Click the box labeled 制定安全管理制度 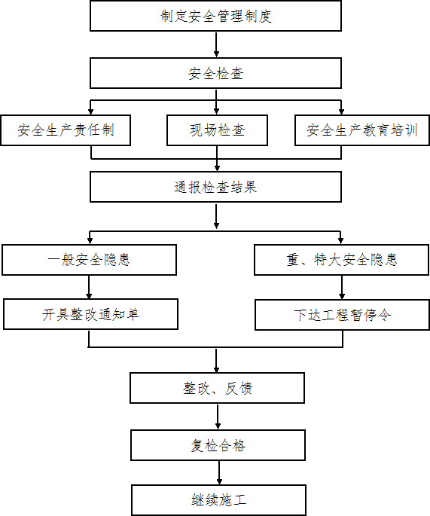[x=216, y=16]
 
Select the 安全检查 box [x=216, y=73]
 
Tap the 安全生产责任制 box [x=66, y=130]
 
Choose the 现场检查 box [x=217, y=130]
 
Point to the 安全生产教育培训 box [x=362, y=130]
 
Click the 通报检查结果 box [x=216, y=187]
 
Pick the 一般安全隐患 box [x=89, y=260]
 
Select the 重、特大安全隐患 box [x=341, y=260]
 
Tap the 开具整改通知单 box [x=91, y=314]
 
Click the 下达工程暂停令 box [x=342, y=315]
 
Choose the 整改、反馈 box [x=217, y=388]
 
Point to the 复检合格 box [x=218, y=445]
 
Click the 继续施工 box [x=219, y=500]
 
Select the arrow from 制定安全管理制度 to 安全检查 [x=216, y=44]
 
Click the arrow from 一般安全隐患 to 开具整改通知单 [x=89, y=287]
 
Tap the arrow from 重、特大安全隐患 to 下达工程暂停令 [x=342, y=287]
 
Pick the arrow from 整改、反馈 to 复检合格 [x=218, y=417]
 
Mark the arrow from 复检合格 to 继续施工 [x=219, y=472]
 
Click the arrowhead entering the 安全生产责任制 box [x=91, y=111]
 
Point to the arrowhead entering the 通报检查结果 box [x=217, y=168]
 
